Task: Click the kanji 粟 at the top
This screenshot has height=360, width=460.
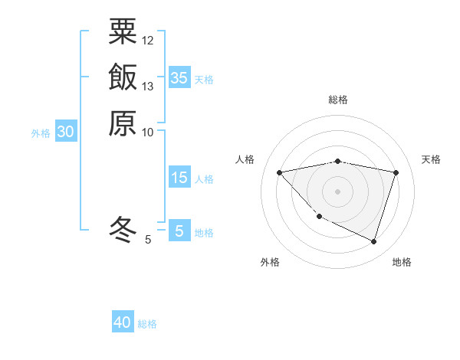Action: (123, 31)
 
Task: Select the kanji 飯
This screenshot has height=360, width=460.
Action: (123, 77)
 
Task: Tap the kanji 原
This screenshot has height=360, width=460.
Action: (123, 123)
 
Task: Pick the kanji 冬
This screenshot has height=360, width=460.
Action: (123, 227)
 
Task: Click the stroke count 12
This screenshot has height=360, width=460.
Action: (148, 41)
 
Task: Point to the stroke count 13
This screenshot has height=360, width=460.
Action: (148, 87)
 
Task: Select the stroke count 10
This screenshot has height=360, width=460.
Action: (148, 133)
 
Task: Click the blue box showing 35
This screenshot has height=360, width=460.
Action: (179, 77)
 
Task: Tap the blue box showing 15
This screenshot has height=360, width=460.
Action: (179, 178)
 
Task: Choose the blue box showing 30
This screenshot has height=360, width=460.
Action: (66, 132)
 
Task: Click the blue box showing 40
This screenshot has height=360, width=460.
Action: (123, 322)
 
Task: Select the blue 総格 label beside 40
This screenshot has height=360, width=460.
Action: (147, 324)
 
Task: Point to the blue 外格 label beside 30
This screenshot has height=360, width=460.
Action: (41, 133)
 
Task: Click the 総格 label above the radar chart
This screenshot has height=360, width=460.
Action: (338, 100)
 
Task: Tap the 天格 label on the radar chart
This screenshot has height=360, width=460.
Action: (431, 159)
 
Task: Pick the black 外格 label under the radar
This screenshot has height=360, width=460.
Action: (270, 262)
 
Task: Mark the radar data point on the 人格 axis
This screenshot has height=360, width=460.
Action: (280, 172)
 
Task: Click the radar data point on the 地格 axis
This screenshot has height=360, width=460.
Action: (373, 241)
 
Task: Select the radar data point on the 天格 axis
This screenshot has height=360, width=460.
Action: (396, 172)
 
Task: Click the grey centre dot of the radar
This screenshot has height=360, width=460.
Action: (338, 191)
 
